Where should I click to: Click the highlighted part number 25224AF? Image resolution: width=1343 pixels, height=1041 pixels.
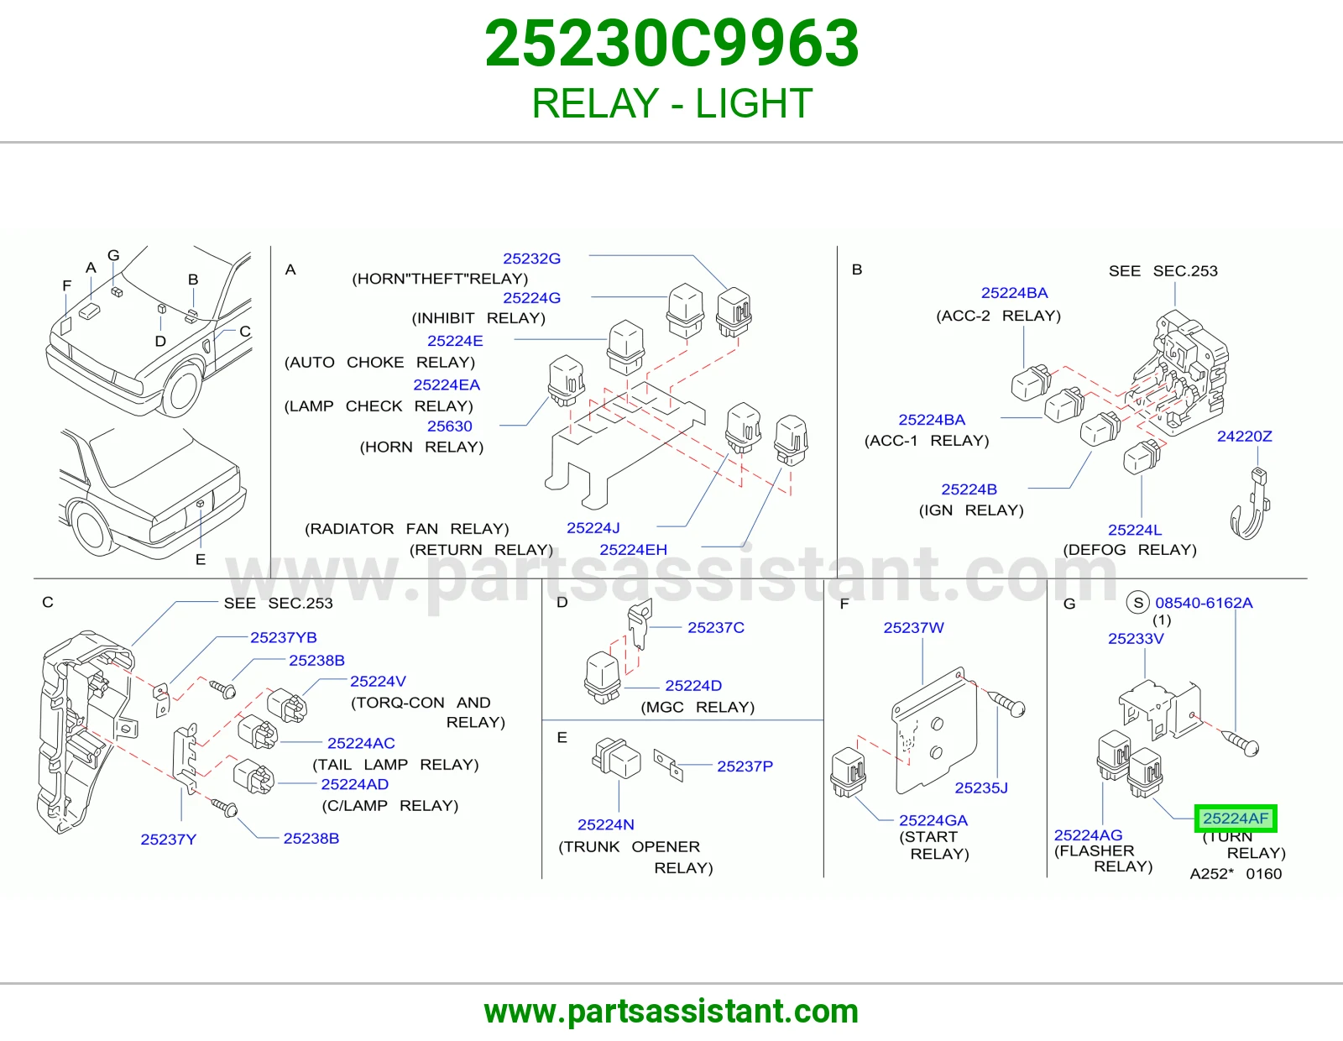(1235, 819)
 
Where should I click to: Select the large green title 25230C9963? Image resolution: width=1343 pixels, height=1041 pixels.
(671, 44)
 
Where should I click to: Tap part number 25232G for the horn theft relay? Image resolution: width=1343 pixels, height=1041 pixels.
(531, 259)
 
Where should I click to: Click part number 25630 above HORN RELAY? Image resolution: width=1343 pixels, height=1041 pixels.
(449, 426)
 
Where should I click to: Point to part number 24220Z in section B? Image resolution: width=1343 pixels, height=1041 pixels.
(1244, 437)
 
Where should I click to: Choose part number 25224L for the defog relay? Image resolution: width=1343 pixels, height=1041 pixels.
(1135, 530)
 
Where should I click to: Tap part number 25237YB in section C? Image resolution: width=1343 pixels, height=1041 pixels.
(283, 637)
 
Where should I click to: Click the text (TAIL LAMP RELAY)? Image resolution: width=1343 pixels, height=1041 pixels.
(395, 765)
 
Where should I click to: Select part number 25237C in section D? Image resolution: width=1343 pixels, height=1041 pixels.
(716, 627)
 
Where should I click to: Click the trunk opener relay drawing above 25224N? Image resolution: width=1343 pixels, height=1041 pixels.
(616, 757)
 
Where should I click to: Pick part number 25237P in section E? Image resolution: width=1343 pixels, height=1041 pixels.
(745, 766)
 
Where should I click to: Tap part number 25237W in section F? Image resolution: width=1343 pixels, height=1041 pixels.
(913, 627)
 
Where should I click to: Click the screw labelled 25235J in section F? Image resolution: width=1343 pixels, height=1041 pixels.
(1008, 705)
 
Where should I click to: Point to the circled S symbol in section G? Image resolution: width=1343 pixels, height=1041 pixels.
(1138, 603)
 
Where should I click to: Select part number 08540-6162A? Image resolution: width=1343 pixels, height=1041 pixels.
(1204, 603)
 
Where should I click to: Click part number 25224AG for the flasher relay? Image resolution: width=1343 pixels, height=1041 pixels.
(1088, 835)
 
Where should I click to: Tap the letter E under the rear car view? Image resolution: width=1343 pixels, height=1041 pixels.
(201, 559)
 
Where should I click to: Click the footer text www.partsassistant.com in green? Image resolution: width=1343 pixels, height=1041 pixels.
(671, 1012)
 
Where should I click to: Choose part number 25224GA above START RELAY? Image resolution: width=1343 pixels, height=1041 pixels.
(933, 820)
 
